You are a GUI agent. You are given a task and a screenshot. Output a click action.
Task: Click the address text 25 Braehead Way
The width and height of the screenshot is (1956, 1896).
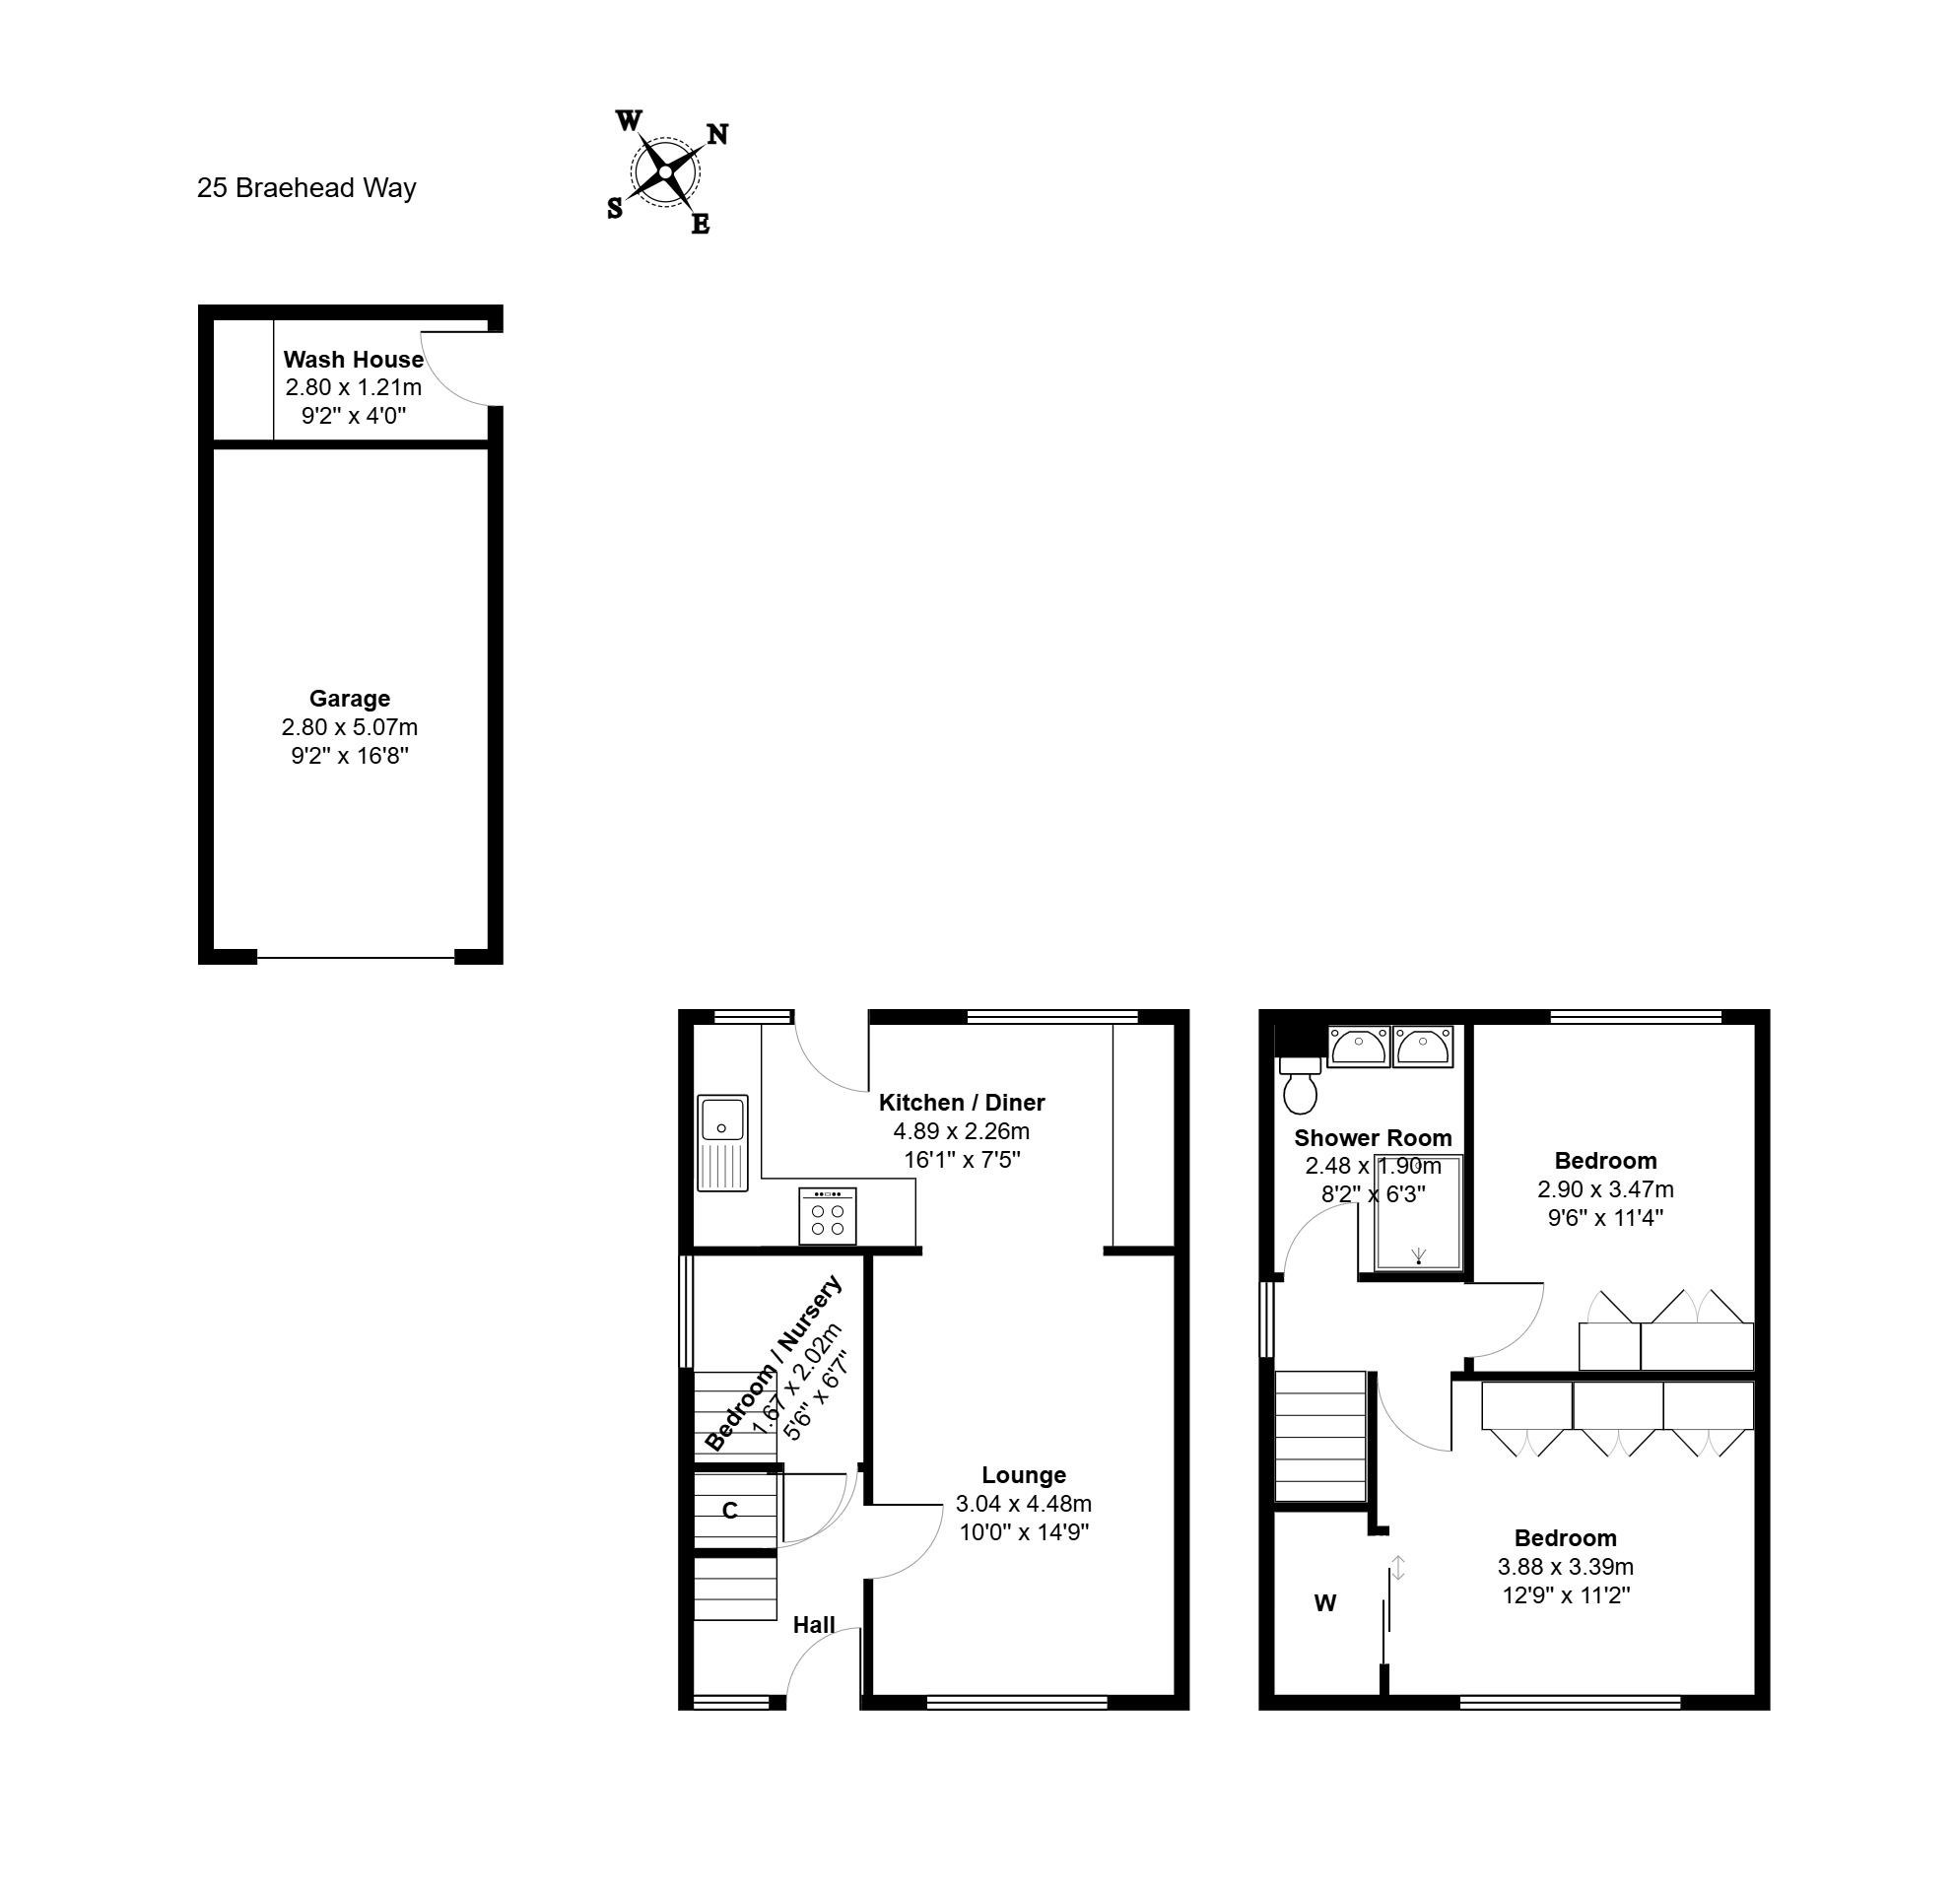pos(306,188)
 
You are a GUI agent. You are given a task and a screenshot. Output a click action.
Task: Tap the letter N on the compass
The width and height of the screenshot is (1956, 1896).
pos(717,134)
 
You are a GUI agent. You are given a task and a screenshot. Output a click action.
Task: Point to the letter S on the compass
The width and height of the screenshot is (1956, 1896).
pos(615,208)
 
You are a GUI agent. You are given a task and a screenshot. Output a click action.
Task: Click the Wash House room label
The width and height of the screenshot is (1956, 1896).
pos(354,360)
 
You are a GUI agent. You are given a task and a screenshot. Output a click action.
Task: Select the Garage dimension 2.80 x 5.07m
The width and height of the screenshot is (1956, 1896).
pos(349,727)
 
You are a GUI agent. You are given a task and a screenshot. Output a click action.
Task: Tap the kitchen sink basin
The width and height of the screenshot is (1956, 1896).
pos(722,1117)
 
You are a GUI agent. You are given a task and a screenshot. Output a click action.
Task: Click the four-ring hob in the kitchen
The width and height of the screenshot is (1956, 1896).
pos(828,1215)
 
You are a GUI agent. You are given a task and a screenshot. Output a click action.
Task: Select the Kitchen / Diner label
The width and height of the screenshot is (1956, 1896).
pos(962,1103)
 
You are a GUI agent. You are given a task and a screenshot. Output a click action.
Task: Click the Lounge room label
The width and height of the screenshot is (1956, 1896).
pos(1024,1475)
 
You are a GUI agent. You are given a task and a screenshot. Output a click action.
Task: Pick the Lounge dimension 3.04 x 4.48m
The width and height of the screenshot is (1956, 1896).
pos(1024,1504)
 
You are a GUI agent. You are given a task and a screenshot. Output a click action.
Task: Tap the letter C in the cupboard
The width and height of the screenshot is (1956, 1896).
pos(729,1511)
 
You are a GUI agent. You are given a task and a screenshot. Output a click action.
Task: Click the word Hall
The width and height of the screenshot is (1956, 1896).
pos(814,1626)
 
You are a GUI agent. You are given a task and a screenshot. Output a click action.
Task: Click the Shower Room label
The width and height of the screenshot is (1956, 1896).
pos(1374,1138)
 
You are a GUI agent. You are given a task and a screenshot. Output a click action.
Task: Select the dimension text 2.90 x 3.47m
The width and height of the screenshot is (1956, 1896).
pos(1606,1189)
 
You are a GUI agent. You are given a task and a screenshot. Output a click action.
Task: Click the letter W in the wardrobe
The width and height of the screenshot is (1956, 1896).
pos(1325,1603)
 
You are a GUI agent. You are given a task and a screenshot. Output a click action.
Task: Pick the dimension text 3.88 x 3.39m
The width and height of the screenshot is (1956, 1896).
pos(1566,1568)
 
